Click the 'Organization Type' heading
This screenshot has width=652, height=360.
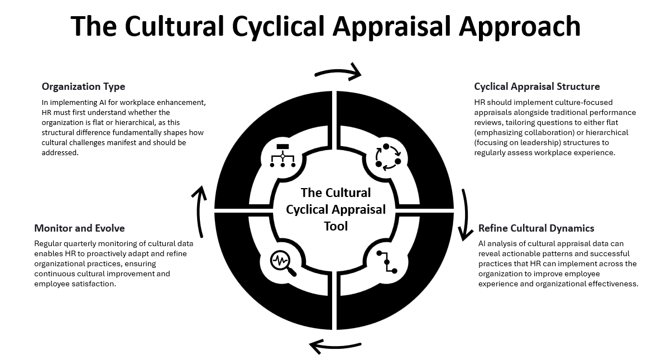(x=83, y=87)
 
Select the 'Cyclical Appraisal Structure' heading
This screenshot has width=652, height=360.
(x=537, y=87)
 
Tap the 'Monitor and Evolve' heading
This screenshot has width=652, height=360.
(x=79, y=228)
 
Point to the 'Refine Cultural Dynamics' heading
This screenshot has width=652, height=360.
(x=536, y=228)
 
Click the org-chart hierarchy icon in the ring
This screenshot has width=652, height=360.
(x=282, y=156)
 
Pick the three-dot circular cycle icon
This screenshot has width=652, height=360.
(x=388, y=157)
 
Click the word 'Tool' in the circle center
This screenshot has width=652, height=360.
(x=335, y=226)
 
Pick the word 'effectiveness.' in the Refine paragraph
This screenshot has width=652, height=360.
(x=611, y=284)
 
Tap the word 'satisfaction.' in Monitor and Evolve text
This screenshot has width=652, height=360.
(x=95, y=284)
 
